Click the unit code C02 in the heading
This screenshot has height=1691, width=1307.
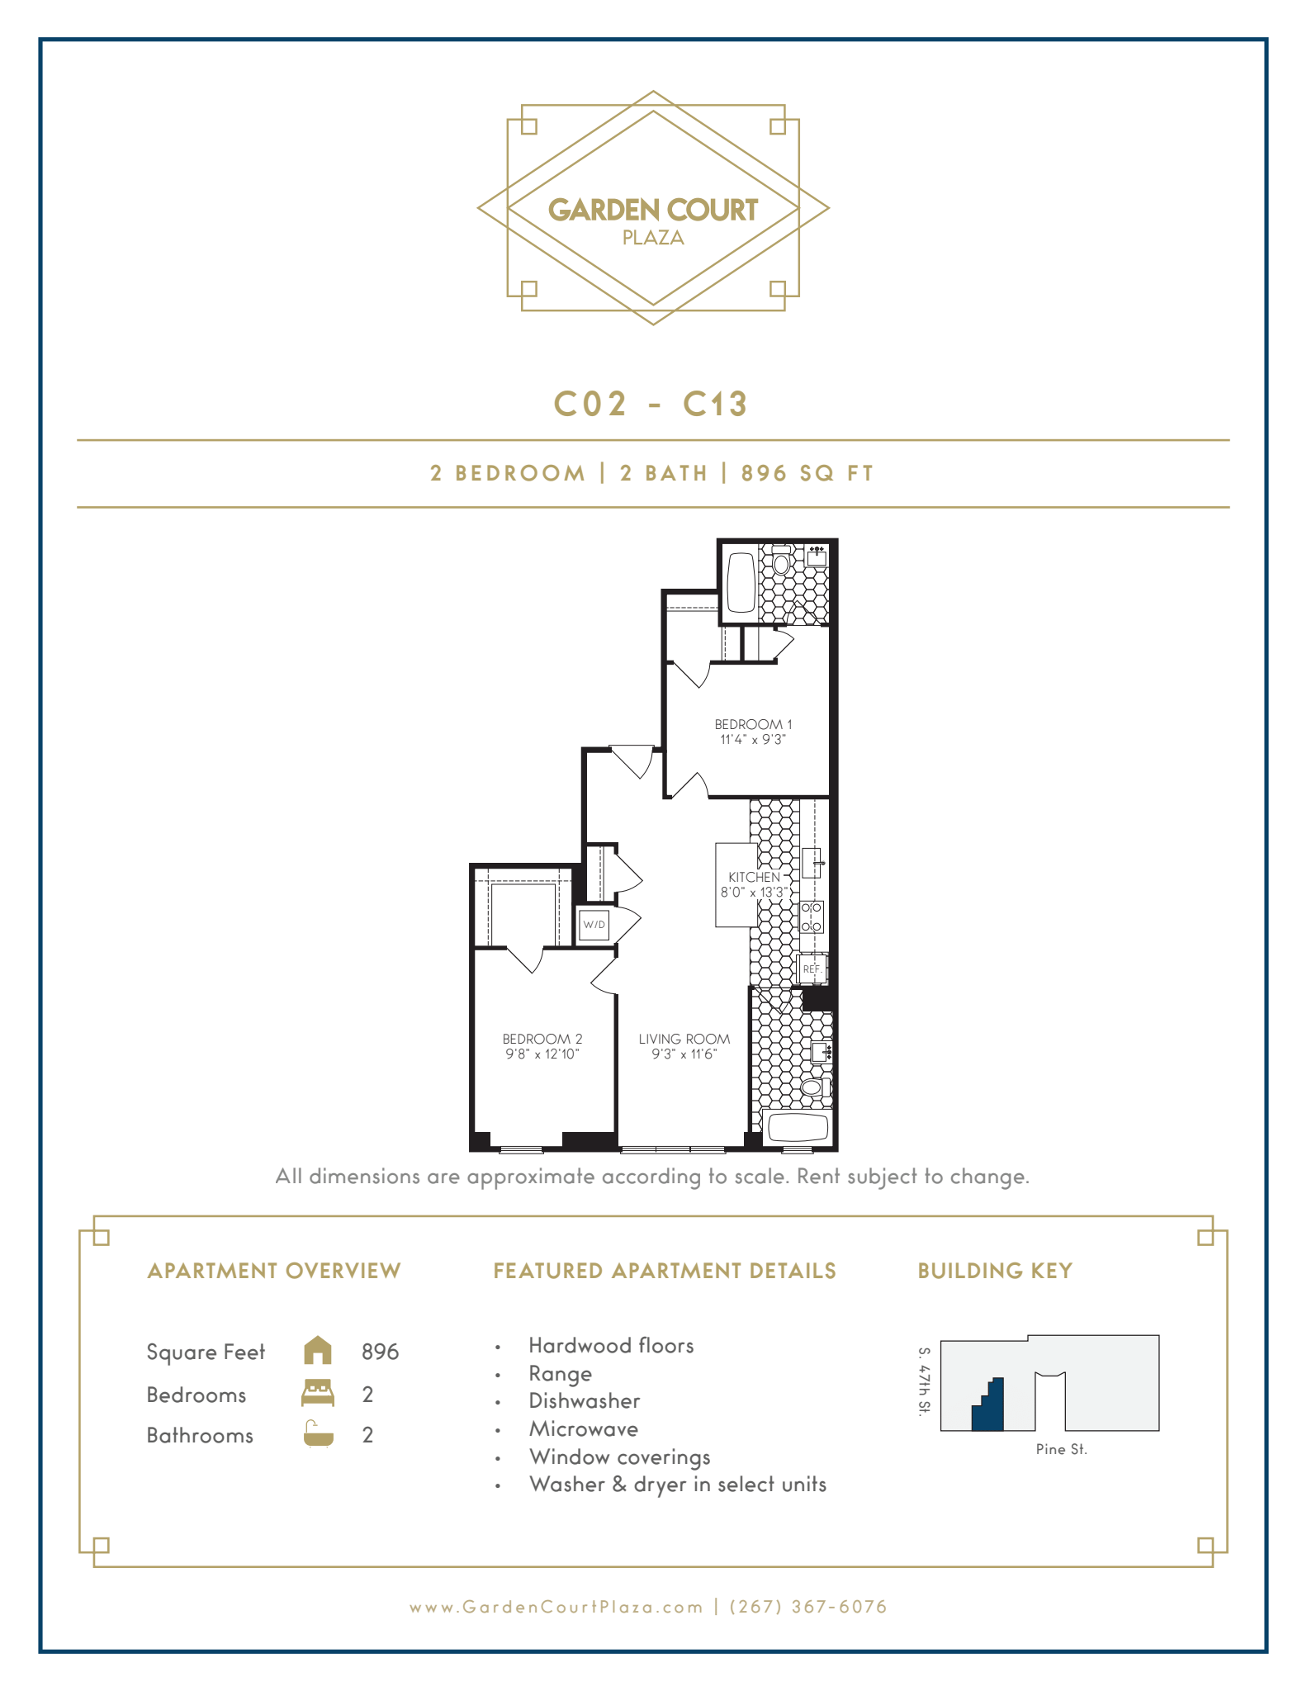pos(590,405)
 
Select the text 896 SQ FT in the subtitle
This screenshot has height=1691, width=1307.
pos(807,473)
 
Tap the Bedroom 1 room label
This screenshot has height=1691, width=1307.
pos(752,724)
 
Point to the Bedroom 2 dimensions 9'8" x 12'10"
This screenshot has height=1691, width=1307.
pos(542,1054)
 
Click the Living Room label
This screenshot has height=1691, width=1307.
pos(684,1039)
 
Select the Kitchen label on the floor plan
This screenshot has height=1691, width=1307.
pos(753,877)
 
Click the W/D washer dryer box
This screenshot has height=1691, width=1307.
pos(594,925)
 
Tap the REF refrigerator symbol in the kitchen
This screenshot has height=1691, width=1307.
pos(811,969)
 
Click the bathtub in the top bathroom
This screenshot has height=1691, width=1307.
pos(741,581)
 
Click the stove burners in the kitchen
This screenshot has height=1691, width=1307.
pos(811,917)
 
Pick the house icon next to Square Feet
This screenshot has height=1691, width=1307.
pos(318,1351)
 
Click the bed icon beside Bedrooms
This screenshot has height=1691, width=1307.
pos(318,1393)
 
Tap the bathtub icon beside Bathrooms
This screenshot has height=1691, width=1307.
pos(318,1434)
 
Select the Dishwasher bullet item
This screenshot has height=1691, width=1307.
pos(584,1401)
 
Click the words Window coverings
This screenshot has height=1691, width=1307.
pos(619,1457)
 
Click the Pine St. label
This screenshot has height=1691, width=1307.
pos(1061,1449)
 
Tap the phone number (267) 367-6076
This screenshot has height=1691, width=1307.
pos(808,1607)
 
